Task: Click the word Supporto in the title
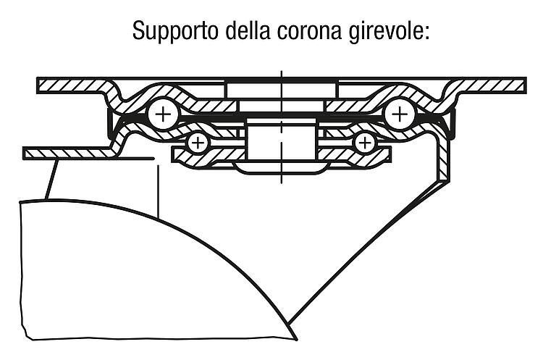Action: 175,32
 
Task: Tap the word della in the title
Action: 248,30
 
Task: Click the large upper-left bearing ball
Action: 163,114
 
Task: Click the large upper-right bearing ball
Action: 400,114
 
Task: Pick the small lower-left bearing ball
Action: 198,143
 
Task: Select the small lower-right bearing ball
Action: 365,143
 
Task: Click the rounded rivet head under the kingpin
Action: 281,168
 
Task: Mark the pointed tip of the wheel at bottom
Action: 297,340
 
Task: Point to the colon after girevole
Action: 426,33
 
